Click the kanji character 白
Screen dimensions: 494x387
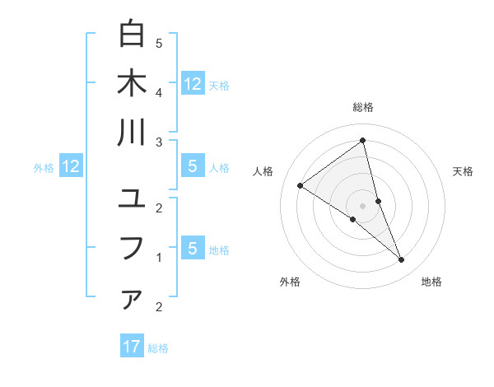(x=132, y=35)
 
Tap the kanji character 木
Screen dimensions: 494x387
(x=132, y=84)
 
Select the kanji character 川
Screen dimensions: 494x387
(x=132, y=133)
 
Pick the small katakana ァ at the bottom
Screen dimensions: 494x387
(x=132, y=300)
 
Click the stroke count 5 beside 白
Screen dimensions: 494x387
(x=159, y=43)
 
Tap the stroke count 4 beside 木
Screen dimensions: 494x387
(x=159, y=91)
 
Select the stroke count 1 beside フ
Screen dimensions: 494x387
(x=159, y=258)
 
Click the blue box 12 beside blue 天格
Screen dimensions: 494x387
(x=192, y=83)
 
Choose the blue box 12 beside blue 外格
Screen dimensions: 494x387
(x=71, y=167)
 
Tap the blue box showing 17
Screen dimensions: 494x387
(x=132, y=347)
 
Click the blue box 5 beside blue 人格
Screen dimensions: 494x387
(x=192, y=166)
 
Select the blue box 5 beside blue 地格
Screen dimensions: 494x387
(x=192, y=249)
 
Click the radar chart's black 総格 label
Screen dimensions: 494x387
(x=363, y=107)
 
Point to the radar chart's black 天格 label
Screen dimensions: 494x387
(x=464, y=171)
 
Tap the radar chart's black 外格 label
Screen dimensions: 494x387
(x=290, y=282)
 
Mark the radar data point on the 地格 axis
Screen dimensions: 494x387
(x=402, y=260)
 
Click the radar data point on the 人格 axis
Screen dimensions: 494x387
(x=300, y=185)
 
